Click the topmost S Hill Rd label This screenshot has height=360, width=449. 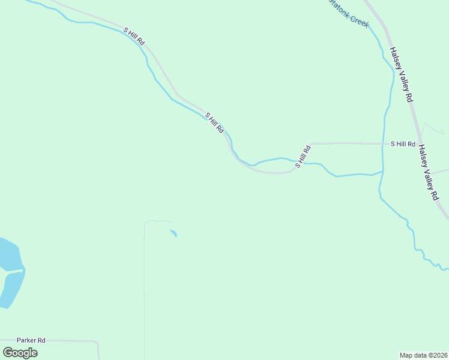pos(134,37)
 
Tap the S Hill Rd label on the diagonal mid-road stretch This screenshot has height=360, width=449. pos(214,122)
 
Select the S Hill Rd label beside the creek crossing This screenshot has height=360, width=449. pos(303,155)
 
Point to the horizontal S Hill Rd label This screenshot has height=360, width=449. pos(403,144)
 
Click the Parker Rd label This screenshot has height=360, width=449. pos(31,340)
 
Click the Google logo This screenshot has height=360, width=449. pos(20,352)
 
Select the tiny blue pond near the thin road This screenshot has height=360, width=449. pos(173,233)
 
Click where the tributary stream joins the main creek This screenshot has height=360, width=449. pos(382,172)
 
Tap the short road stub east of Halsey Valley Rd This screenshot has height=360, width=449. pos(441,172)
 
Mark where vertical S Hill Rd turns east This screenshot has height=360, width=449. pos(311,145)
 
